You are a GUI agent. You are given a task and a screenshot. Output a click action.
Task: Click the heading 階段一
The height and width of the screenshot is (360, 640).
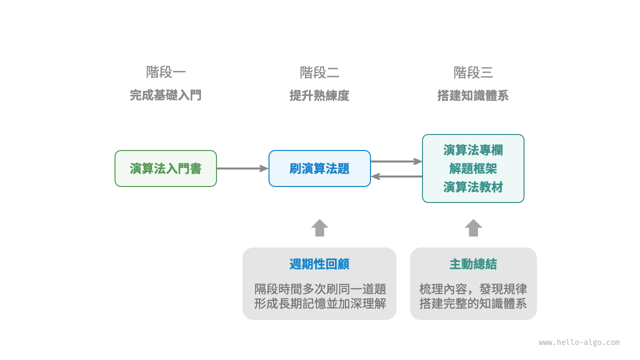pos(165,72)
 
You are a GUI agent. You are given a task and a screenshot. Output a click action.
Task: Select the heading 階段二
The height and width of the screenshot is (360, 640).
pos(319,72)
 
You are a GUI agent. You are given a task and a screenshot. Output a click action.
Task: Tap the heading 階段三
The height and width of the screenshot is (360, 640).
pos(473,72)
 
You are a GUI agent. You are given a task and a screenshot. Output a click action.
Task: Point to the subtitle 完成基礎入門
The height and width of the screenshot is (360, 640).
pos(165,95)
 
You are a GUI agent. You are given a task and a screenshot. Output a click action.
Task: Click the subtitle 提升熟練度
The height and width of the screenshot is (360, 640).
pos(319,95)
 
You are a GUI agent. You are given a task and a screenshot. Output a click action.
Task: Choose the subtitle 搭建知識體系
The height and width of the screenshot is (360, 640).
pos(473,95)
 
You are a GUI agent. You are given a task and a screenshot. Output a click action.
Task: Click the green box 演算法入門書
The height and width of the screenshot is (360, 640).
pos(165,168)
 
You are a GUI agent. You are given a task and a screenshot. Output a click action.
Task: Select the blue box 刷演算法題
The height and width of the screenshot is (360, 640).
pos(319,168)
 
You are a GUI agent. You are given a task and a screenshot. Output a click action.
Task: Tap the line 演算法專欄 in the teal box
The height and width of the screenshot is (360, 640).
pos(473,150)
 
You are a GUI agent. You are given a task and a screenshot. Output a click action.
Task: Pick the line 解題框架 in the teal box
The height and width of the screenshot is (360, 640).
pos(473,168)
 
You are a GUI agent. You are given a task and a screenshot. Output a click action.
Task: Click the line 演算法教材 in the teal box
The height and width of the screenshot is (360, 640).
pos(473,187)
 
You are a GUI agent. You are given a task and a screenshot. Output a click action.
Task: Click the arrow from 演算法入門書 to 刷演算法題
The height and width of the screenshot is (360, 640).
pos(242,168)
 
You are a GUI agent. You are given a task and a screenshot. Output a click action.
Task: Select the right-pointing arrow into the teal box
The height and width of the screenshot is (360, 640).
pos(396,161)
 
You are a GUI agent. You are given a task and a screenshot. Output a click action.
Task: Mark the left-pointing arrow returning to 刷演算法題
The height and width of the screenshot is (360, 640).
pos(396,176)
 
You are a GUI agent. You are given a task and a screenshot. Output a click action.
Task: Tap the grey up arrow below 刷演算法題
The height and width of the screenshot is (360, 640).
pos(319,228)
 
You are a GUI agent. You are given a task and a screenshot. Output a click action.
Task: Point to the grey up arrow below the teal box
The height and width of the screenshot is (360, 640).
pos(473,228)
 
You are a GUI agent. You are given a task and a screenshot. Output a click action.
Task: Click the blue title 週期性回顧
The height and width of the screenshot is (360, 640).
pos(319,264)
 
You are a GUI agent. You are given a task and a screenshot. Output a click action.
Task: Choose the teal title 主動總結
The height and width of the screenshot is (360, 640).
pos(473,264)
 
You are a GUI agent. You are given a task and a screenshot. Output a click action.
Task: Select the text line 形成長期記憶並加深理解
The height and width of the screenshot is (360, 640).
pos(319,303)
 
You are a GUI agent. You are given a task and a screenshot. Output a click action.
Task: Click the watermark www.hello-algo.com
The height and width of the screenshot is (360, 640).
pos(579,342)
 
